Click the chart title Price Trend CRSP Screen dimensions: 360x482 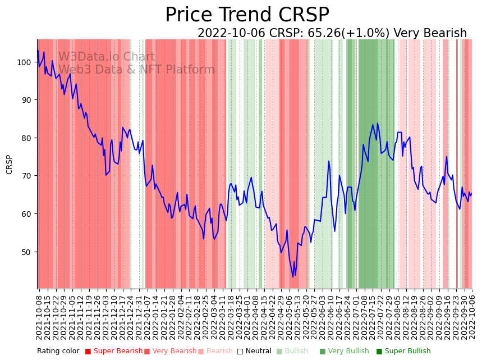click(x=247, y=15)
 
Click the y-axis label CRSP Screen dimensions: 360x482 click(x=10, y=164)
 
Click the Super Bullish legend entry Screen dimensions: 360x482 click(x=403, y=352)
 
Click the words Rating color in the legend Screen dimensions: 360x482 click(x=58, y=352)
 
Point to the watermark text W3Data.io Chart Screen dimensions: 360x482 click(x=107, y=57)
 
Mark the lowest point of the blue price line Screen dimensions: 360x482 click(x=292, y=276)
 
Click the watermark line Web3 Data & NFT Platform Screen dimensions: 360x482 click(x=136, y=70)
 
